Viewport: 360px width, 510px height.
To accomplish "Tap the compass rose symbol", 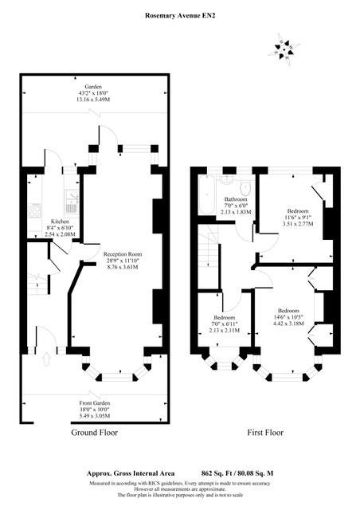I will point(283,50).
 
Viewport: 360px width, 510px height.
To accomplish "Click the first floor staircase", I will point(209,247).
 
